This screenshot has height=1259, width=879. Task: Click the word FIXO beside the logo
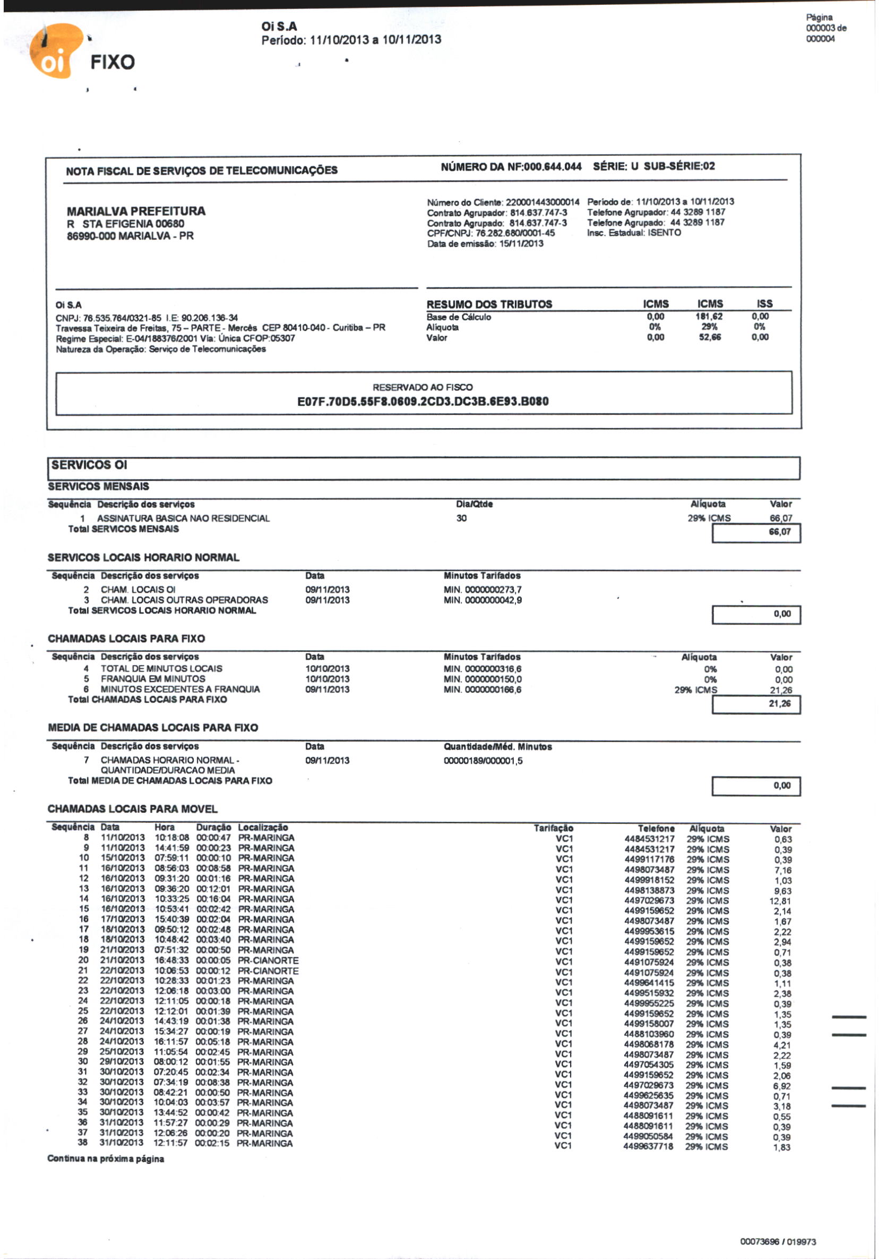113,62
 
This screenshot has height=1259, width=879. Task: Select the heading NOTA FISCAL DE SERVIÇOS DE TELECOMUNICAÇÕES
202,171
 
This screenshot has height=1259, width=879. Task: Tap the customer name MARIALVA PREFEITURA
136,211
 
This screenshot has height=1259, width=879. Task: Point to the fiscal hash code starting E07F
423,402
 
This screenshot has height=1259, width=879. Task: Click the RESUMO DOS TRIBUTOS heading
489,304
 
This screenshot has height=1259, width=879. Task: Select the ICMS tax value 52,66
710,337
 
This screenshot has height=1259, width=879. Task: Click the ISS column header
764,304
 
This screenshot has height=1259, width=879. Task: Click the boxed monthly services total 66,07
780,532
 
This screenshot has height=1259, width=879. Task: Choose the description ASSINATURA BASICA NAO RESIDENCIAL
184,518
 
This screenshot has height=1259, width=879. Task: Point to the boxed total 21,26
780,703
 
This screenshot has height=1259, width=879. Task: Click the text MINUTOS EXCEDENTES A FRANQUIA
180,690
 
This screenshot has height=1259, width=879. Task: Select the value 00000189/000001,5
483,761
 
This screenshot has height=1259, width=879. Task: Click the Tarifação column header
554,828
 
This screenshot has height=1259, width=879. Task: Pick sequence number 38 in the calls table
83,1143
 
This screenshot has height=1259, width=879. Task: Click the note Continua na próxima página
106,1159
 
